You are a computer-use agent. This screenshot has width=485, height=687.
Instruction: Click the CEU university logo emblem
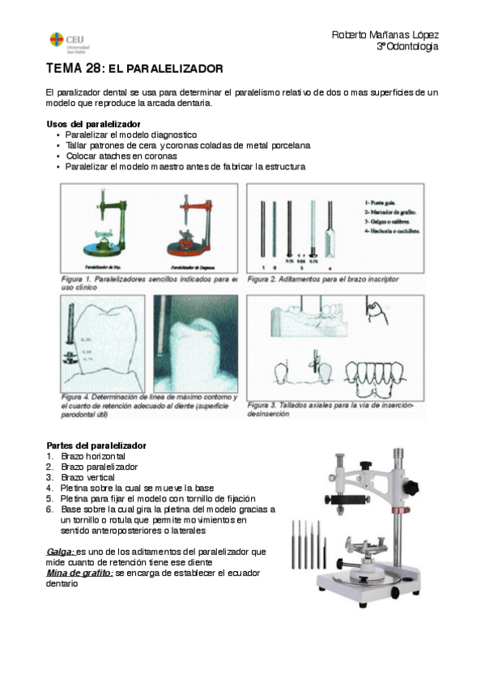pos(56,40)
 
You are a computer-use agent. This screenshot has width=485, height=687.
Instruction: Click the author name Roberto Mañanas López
pos(385,35)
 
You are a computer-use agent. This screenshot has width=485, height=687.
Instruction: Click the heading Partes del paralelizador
pos(96,446)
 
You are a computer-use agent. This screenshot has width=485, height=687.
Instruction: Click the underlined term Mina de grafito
pos(79,572)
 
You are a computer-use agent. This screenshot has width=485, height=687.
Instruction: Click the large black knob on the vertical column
pos(412,489)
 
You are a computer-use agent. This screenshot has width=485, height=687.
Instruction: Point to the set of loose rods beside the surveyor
pos(310,539)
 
